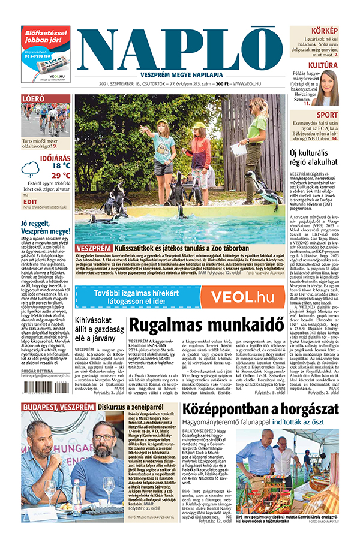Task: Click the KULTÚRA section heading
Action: click(323, 65)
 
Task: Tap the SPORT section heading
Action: click(327, 115)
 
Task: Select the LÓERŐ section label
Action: click(32, 98)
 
